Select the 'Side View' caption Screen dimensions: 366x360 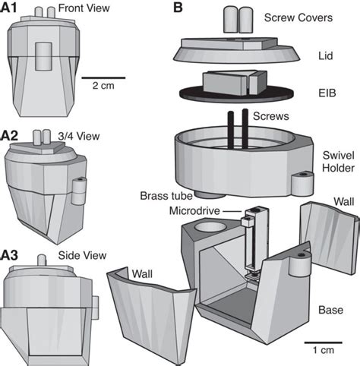click(81, 257)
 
